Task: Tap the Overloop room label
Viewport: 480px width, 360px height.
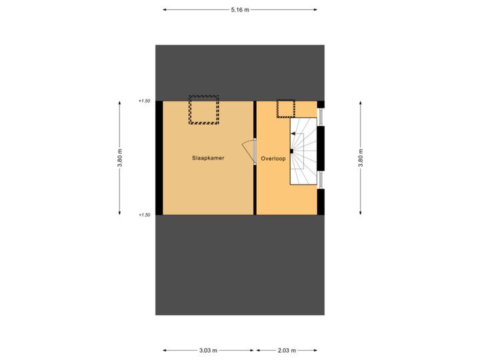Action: pyautogui.click(x=273, y=159)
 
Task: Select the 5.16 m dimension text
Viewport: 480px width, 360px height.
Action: pyautogui.click(x=240, y=10)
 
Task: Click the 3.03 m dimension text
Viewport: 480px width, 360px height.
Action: pyautogui.click(x=208, y=350)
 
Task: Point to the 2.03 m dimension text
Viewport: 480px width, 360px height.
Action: pyautogui.click(x=287, y=350)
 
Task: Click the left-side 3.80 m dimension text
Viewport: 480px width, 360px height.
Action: pyautogui.click(x=120, y=158)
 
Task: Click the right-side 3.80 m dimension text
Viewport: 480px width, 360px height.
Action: pyautogui.click(x=361, y=158)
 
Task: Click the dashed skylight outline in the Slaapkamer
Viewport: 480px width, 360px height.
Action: pyautogui.click(x=204, y=111)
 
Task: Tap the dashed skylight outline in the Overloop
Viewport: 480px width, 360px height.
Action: pyautogui.click(x=285, y=108)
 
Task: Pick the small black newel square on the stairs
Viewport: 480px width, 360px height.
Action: pyautogui.click(x=291, y=151)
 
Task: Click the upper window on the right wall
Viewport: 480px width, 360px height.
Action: pyautogui.click(x=321, y=116)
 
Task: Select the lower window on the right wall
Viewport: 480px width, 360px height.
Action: pyautogui.click(x=321, y=180)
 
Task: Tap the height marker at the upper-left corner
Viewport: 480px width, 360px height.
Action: pyautogui.click(x=145, y=101)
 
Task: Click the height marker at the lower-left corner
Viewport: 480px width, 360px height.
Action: pyautogui.click(x=145, y=215)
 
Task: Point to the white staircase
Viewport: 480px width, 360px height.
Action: pyautogui.click(x=303, y=152)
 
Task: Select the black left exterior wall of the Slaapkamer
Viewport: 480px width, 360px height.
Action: pyautogui.click(x=159, y=158)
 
